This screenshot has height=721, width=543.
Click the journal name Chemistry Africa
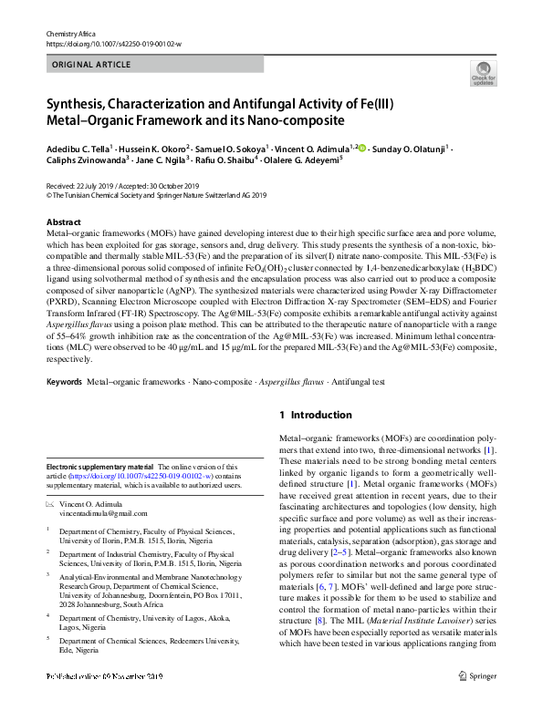click(x=70, y=34)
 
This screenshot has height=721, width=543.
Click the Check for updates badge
click(x=484, y=74)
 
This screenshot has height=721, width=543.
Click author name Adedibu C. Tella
click(x=78, y=148)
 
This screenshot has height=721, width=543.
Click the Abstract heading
click(x=63, y=222)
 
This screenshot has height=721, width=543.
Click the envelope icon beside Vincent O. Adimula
click(x=50, y=503)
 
